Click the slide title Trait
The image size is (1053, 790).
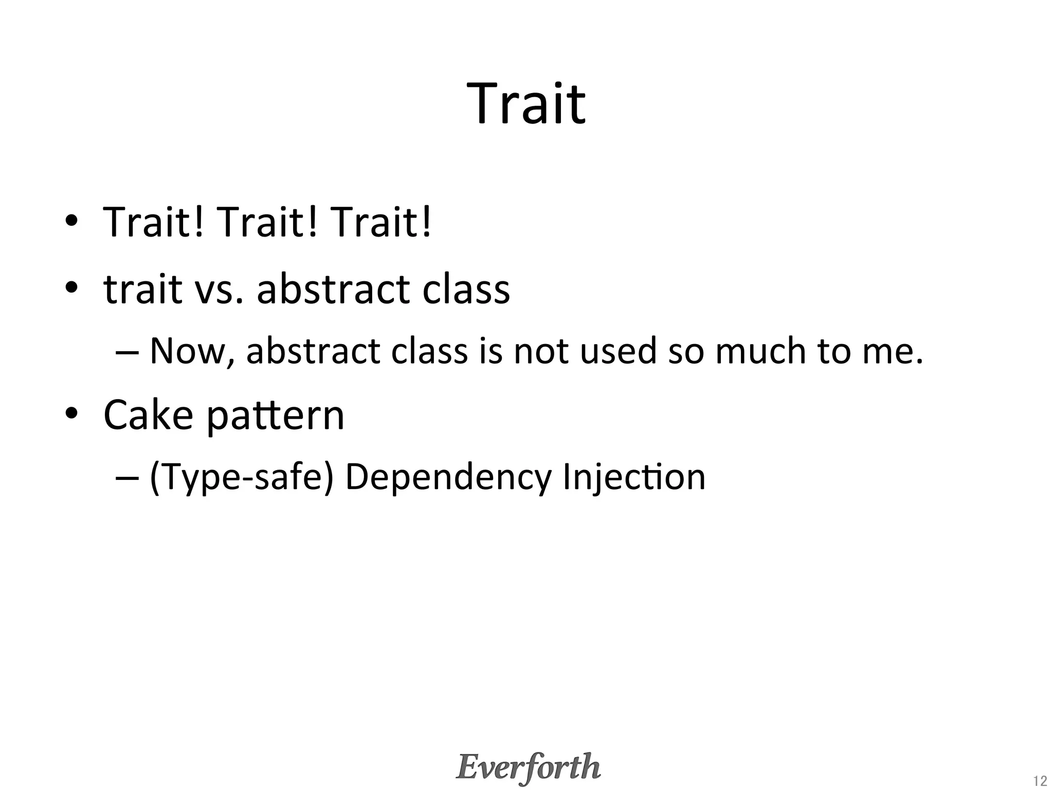coord(526,104)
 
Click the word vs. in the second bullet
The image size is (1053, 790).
coord(219,290)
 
